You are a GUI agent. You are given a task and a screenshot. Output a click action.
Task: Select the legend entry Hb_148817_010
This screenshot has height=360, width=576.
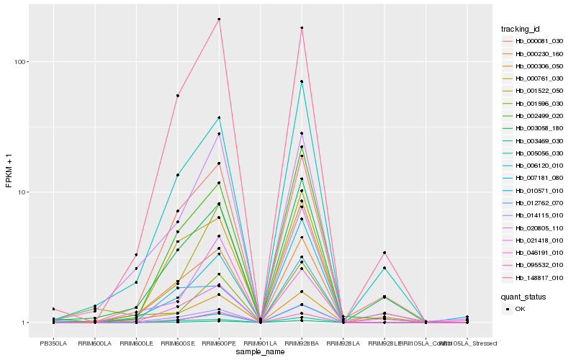tap(534, 278)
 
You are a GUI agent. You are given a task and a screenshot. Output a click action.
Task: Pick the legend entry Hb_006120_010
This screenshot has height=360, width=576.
tap(534, 166)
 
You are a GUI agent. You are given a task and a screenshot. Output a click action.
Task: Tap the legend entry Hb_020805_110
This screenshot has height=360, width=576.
tap(534, 228)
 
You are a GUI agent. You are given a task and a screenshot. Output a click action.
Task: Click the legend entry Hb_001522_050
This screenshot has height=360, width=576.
tap(534, 91)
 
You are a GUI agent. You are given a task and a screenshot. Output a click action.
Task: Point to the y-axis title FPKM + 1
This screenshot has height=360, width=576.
tap(9, 171)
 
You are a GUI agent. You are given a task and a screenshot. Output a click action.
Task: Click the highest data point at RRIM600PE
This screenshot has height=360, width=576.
tap(219, 19)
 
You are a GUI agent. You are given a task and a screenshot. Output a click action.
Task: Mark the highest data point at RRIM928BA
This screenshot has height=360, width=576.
tap(302, 28)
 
